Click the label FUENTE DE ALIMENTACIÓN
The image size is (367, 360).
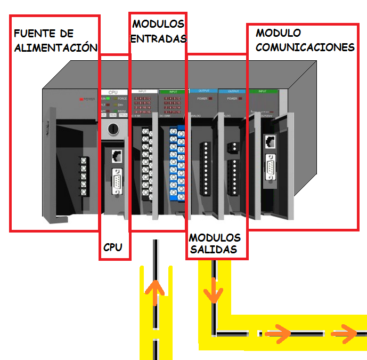coord(55,41)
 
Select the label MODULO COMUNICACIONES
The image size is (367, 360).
coord(305,41)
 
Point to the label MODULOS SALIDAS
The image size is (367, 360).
coord(215,244)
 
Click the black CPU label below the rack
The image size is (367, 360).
coord(112,247)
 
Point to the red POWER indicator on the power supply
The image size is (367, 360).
coord(82,99)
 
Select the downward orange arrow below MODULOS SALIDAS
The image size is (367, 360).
coord(214,290)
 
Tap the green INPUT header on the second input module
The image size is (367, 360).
coord(172,92)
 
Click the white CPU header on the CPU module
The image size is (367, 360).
coord(113,92)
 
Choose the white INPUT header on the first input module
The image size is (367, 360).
coord(144,92)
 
